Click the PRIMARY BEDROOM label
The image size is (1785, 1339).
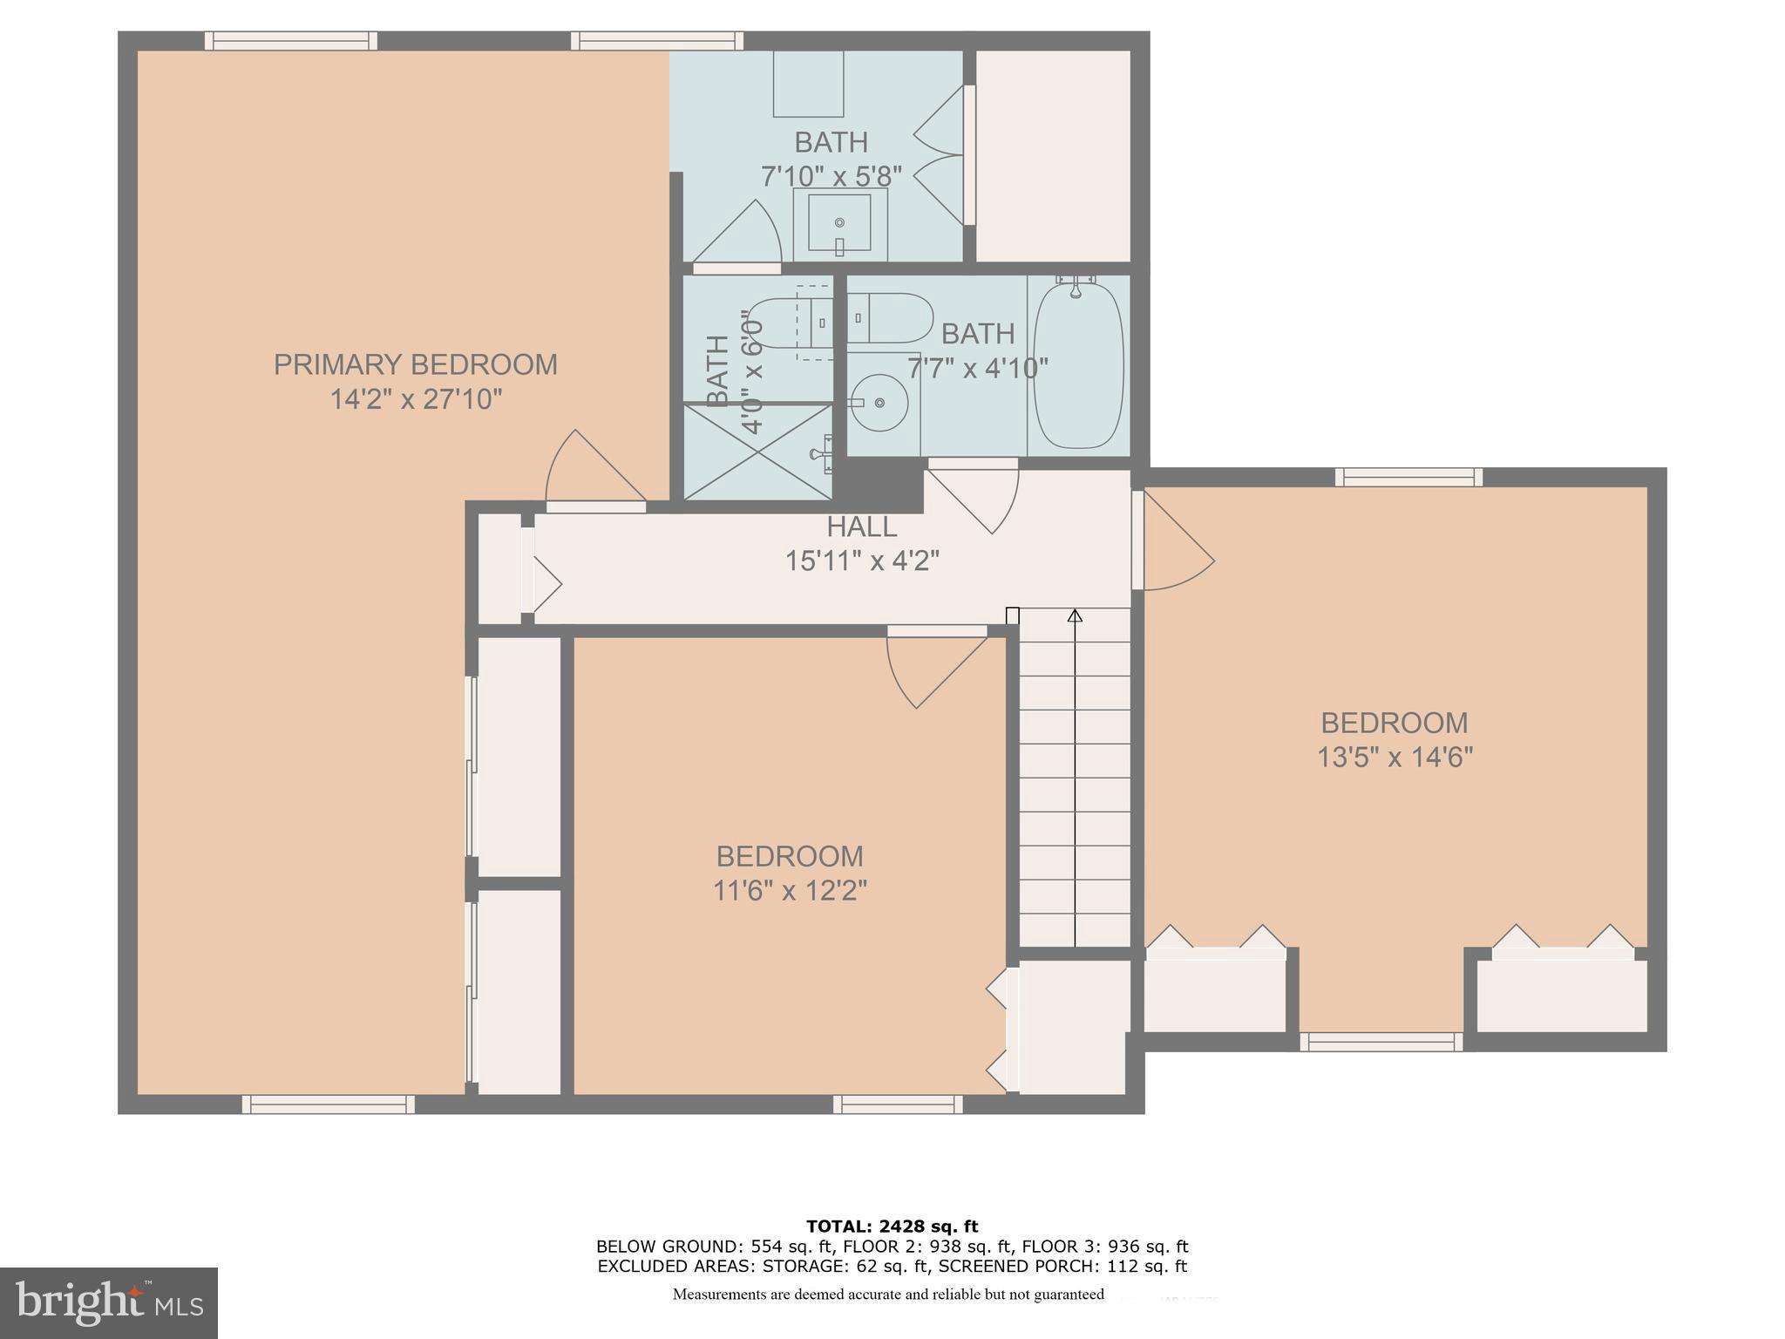click(416, 364)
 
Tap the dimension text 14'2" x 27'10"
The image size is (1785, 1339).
click(416, 400)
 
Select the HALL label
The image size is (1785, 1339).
click(861, 527)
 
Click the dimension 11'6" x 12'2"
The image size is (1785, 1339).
click(790, 891)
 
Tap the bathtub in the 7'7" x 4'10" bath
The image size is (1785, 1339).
click(1078, 366)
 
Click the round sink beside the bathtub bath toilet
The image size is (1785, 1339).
click(879, 403)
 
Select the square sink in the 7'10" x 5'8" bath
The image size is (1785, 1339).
click(839, 223)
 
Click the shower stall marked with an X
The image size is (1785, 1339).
click(757, 452)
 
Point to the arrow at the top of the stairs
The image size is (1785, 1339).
click(1075, 615)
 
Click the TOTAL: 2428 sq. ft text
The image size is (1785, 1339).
click(892, 1227)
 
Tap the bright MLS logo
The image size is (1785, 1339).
click(108, 1302)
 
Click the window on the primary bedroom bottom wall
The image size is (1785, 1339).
click(328, 1105)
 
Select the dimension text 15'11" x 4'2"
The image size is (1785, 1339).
click(861, 561)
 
